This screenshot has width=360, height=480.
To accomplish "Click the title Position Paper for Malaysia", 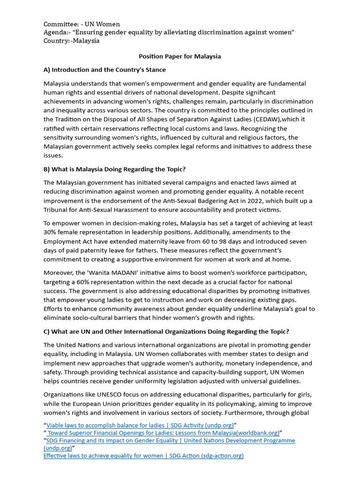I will [x=180, y=56].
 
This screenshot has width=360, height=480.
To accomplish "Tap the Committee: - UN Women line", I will [x=82, y=24].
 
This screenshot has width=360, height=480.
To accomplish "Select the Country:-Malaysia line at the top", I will [x=71, y=41].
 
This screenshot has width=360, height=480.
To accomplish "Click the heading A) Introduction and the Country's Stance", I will [x=105, y=70].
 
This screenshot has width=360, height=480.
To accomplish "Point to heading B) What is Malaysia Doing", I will [x=114, y=169].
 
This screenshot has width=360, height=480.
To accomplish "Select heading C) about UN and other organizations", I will [x=166, y=331].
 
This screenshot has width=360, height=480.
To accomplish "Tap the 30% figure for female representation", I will [x=50, y=232].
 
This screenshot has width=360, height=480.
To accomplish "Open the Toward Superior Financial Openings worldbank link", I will [x=163, y=433].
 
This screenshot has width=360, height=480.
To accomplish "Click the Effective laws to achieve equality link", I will [x=143, y=456].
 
